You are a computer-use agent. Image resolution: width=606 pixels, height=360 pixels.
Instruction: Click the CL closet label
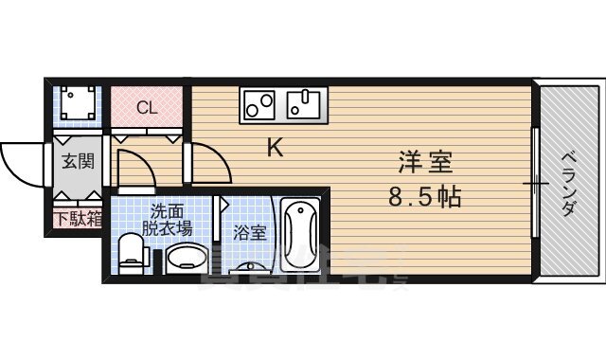[x=146, y=107]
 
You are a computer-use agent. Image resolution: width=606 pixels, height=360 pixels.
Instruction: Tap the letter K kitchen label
[x=275, y=147]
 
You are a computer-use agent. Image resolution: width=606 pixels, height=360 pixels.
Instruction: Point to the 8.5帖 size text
[x=423, y=198]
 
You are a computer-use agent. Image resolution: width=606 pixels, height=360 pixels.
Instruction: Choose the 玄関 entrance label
[x=78, y=161]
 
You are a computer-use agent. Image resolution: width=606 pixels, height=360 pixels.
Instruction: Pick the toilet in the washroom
[x=132, y=254]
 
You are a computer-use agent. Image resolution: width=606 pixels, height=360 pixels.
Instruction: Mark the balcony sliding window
[x=537, y=180]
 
